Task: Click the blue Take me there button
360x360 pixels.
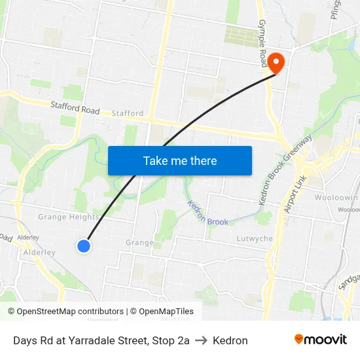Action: point(180,160)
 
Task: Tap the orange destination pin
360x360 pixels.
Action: point(276,63)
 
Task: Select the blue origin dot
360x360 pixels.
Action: point(84,246)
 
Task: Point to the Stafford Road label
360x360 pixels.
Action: point(75,107)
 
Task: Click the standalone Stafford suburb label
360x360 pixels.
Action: point(128,113)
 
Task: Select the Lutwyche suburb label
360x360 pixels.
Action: point(255,239)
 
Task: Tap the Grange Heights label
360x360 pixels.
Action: point(68,217)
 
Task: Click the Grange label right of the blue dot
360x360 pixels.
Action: point(139,243)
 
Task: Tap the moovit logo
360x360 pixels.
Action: point(321,339)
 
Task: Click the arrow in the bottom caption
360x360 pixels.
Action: point(201,340)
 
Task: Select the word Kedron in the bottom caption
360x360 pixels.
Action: point(230,340)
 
